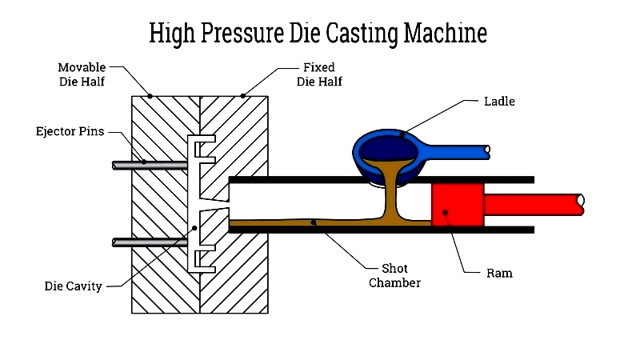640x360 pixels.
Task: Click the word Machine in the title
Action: click(446, 33)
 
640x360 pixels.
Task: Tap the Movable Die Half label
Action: click(82, 74)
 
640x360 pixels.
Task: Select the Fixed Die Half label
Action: click(319, 74)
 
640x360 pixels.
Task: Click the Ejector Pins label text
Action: click(70, 131)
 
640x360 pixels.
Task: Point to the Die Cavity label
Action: click(73, 286)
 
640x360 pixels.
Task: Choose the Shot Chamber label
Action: click(394, 275)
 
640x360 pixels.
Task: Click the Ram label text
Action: click(499, 273)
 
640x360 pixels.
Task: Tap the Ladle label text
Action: click(499, 102)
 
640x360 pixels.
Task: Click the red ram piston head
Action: click(458, 205)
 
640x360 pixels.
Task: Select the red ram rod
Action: click(534, 205)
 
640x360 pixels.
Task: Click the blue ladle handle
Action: click(457, 152)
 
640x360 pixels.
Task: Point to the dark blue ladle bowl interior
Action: click(388, 149)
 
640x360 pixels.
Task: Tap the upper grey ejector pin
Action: click(150, 166)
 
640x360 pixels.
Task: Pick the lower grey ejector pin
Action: click(150, 242)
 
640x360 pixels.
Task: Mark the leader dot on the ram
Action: click(446, 212)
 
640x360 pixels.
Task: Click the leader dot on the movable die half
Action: click(150, 96)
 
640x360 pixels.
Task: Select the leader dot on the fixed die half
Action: click(243, 96)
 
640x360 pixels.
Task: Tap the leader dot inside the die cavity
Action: click(194, 228)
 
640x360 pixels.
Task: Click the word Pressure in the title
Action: click(242, 33)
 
